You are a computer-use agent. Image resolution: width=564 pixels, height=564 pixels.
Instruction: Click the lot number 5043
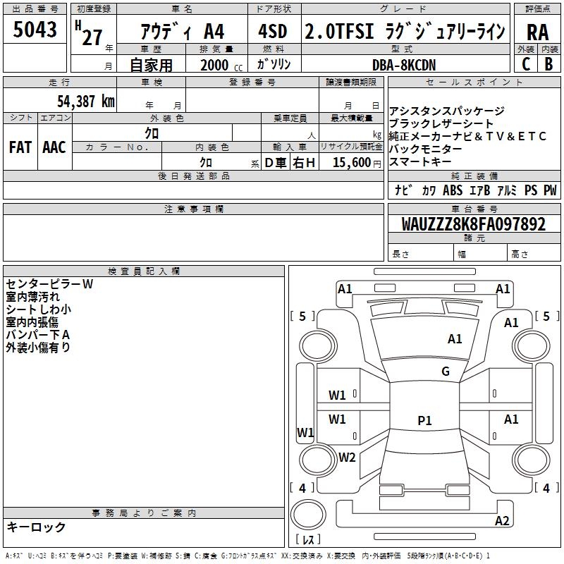tap(35, 31)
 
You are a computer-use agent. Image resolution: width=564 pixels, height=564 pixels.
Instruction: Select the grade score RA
tap(537, 32)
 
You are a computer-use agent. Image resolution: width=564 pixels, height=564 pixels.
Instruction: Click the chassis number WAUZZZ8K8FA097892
tap(473, 225)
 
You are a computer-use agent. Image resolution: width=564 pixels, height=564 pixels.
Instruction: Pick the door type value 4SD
tap(272, 32)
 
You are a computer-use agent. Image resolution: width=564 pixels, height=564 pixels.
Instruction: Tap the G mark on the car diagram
tap(446, 372)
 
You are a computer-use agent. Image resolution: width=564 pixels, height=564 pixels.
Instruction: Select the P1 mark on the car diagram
tap(424, 421)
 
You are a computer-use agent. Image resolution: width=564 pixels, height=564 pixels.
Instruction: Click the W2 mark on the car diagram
tap(347, 457)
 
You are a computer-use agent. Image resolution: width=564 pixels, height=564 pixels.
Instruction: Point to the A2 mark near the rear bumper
tap(502, 521)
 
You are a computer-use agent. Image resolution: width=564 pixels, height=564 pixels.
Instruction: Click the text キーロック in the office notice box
tap(36, 527)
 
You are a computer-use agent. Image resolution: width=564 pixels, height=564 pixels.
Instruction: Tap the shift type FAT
tap(20, 147)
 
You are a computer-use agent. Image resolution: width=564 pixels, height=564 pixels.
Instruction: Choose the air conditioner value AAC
tap(54, 147)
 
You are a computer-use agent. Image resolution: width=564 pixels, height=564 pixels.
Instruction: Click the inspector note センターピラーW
tap(49, 284)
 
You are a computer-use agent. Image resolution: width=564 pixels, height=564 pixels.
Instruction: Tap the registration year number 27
tap(92, 37)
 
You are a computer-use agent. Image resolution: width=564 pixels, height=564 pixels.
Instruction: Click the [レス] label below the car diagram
tap(310, 540)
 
